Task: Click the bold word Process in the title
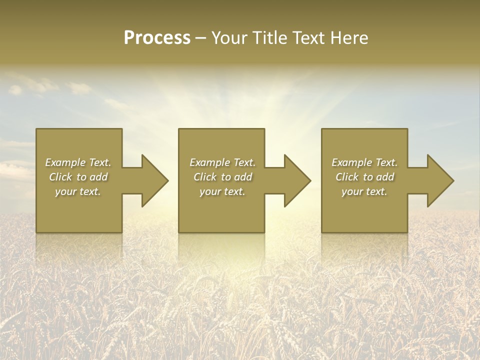point(157,38)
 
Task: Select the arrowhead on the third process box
point(439,181)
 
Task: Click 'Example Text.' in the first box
point(78,162)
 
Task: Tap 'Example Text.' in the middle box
point(222,162)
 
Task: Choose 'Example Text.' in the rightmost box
point(364,162)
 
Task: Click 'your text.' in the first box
point(78,191)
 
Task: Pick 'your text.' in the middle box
point(222,191)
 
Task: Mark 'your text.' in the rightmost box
point(364,191)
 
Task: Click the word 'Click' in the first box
point(60,177)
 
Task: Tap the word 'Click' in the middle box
point(205,177)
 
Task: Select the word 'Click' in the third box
point(347,177)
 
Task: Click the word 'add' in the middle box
point(243,177)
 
